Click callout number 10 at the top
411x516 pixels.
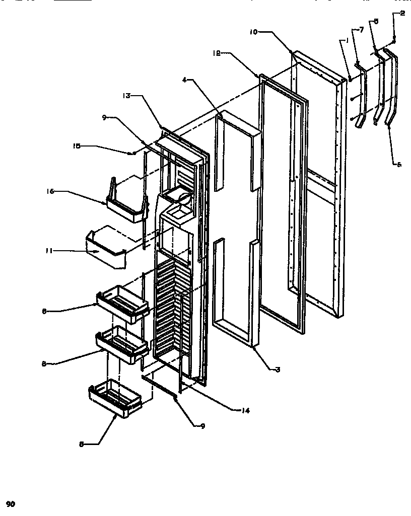click(x=253, y=31)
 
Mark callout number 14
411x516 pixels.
click(x=244, y=410)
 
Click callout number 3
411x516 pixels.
click(x=278, y=369)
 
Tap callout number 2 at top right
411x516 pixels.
click(x=402, y=14)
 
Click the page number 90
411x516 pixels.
click(x=11, y=503)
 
